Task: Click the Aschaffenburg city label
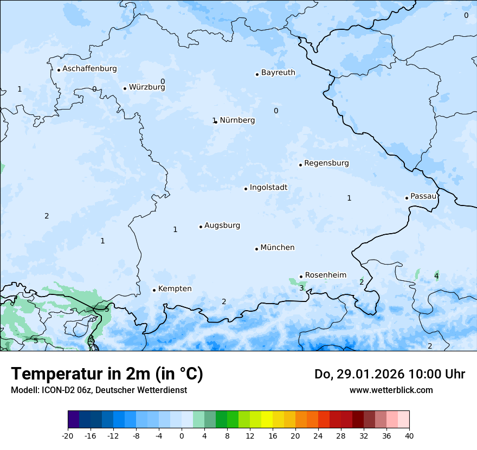point(89,69)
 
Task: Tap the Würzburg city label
point(147,87)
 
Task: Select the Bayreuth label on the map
point(278,73)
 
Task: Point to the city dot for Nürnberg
point(216,122)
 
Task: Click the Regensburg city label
point(326,163)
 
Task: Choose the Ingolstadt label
point(268,188)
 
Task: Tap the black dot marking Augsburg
point(201,227)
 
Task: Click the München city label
point(278,248)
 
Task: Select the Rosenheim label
point(325,275)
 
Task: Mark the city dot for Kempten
point(154,290)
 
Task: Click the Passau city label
point(423,196)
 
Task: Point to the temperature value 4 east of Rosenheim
point(436,277)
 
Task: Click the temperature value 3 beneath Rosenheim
point(301,288)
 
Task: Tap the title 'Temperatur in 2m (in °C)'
point(107,374)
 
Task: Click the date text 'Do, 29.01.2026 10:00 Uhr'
point(390,374)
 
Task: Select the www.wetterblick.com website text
point(391,390)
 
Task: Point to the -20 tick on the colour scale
point(68,436)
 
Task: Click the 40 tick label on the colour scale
point(409,436)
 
